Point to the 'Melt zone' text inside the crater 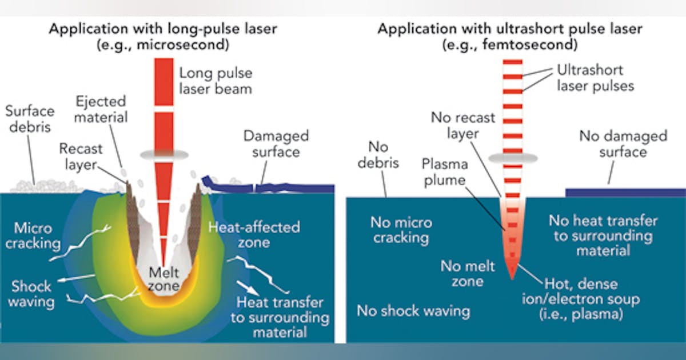(x=164, y=278)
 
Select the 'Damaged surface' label (x=276, y=144)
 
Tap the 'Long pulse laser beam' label (x=216, y=81)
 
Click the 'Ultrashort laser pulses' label (x=589, y=78)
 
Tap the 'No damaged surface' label (x=623, y=143)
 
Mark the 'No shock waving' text (x=413, y=311)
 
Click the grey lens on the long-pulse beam (x=164, y=154)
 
